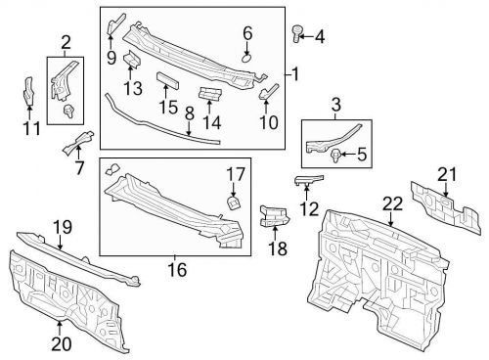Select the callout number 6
pos(247,32)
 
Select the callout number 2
pos(66,42)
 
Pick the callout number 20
pos(61,343)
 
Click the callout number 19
pos(62,228)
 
